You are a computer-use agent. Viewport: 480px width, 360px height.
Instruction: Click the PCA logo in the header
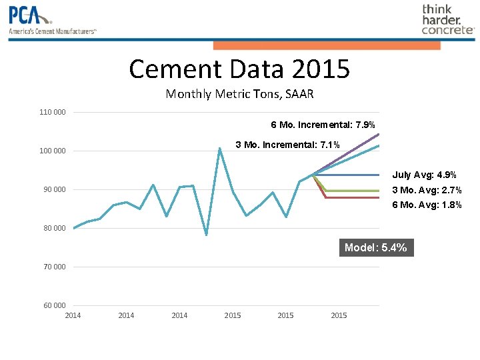tap(52, 20)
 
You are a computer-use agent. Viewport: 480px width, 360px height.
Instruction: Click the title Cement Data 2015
tap(239, 68)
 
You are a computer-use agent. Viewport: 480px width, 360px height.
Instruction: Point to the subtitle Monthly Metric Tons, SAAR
tap(239, 94)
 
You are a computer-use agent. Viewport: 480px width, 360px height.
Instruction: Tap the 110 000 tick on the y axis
tap(53, 112)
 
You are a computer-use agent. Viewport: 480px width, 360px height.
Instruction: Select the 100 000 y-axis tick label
tap(53, 151)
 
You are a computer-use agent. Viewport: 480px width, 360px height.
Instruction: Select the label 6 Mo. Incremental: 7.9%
tap(323, 125)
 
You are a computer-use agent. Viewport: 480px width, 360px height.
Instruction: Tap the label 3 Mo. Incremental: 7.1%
tap(288, 145)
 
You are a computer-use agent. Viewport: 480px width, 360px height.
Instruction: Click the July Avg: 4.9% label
tap(424, 175)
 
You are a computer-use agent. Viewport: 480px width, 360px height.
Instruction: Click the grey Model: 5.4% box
tap(376, 248)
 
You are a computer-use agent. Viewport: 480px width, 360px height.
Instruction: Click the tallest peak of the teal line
tap(219, 148)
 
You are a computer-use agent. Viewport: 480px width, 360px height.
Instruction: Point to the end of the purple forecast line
tap(379, 135)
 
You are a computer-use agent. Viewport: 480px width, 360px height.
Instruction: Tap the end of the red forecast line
tap(379, 198)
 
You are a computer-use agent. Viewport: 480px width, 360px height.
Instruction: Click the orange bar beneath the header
tap(327, 45)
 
